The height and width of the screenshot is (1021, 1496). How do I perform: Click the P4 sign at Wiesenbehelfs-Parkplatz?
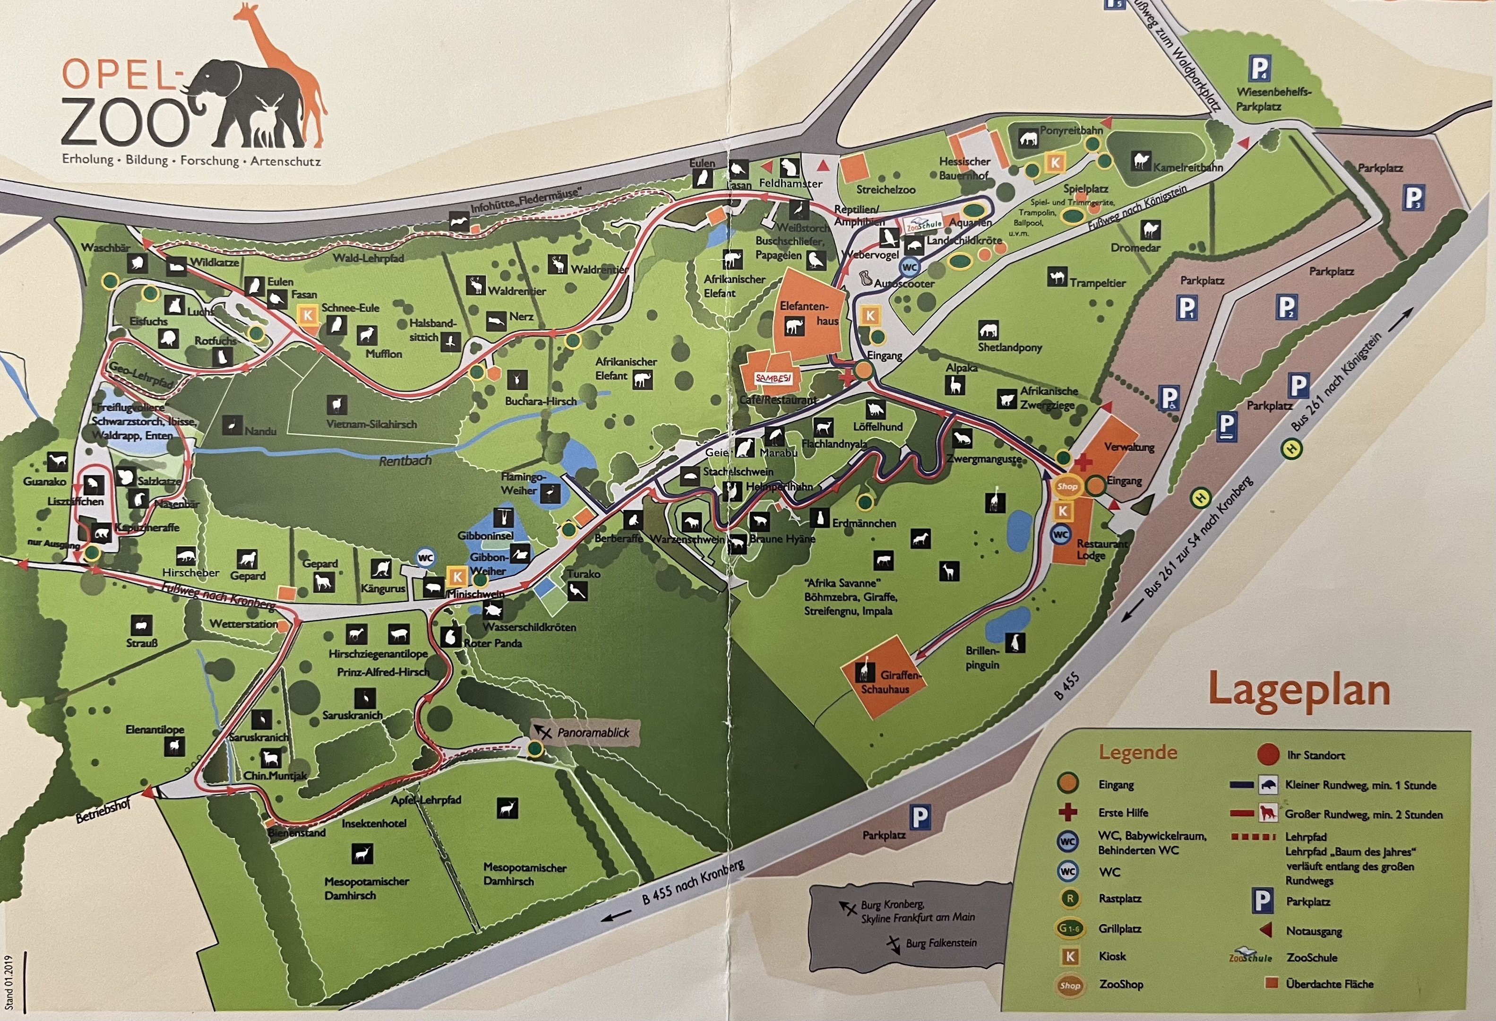[x=1260, y=68]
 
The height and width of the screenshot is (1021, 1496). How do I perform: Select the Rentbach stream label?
[x=405, y=461]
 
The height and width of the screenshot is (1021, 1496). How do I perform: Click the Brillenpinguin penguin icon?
[x=1015, y=642]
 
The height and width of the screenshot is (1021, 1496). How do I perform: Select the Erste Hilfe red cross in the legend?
[x=1068, y=813]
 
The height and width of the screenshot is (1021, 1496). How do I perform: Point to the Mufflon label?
[x=384, y=354]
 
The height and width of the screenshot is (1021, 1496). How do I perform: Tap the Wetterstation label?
[x=243, y=624]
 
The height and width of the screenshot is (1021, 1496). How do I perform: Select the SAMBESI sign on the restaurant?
[x=773, y=379]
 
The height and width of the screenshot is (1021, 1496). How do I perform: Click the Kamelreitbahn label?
[x=1187, y=167]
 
